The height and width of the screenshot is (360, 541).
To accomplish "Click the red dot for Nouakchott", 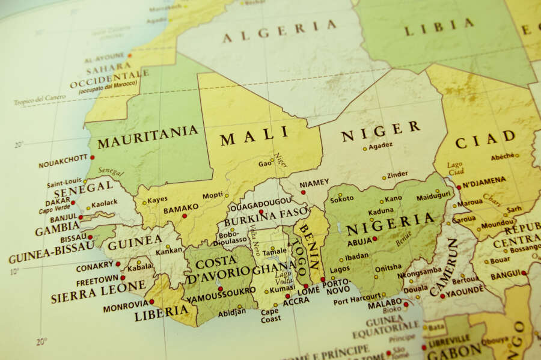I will pos(92,157).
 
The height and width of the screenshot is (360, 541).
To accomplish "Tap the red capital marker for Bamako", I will pos(185,215).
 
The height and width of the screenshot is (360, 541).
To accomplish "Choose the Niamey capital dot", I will pos(303,192).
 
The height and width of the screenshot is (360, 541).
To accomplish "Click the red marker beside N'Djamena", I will pos(458,187).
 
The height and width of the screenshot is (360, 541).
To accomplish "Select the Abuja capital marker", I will pos(374,239).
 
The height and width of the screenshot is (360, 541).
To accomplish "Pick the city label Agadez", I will pos(381,145).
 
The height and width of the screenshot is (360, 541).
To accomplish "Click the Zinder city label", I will pos(397,175).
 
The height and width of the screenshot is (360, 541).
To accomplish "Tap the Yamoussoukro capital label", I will pos(221,298).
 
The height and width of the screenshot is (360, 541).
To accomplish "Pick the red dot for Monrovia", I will pos(151,302).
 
